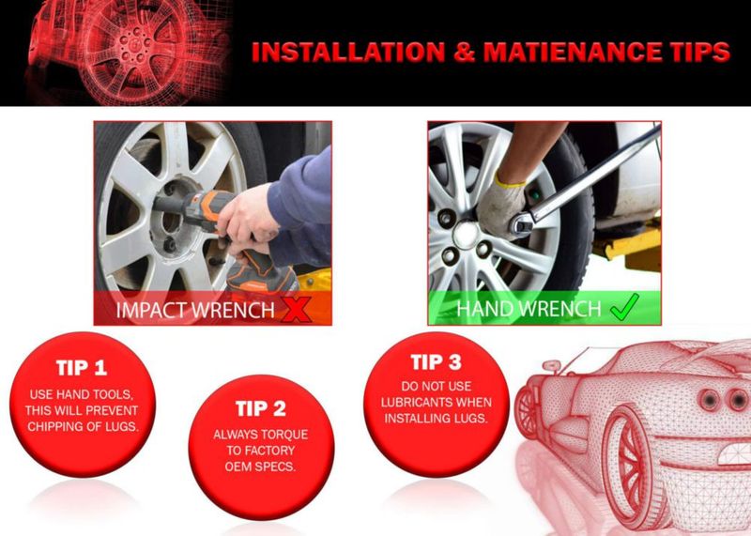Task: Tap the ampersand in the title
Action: click(464, 52)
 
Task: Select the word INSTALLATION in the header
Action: click(348, 52)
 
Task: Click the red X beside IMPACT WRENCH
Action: click(296, 309)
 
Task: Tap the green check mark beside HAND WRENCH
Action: click(624, 307)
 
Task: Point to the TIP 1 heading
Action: click(82, 368)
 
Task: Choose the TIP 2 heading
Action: click(261, 408)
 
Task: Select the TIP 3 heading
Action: click(437, 362)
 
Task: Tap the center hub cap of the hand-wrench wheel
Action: click(466, 235)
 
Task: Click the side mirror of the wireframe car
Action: click(551, 366)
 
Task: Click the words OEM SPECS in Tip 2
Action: click(260, 467)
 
